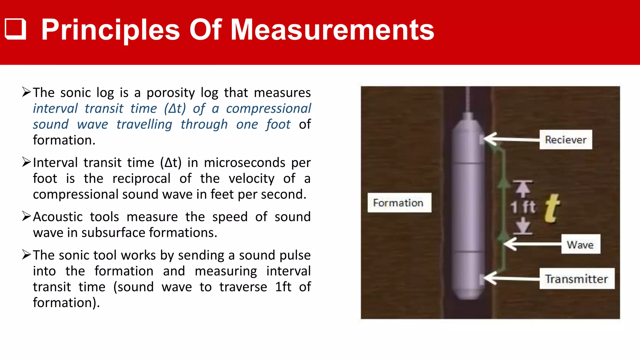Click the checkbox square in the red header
tap(15, 29)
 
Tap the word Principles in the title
tap(111, 30)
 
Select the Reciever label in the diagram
tap(566, 140)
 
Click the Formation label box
tap(399, 203)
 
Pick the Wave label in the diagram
tap(580, 244)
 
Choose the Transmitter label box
tap(577, 279)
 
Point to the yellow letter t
tap(552, 208)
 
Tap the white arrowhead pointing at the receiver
tap(491, 139)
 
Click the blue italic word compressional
tap(268, 108)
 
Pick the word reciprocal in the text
tap(141, 179)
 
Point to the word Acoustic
tap(58, 217)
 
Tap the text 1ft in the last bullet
tap(283, 287)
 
